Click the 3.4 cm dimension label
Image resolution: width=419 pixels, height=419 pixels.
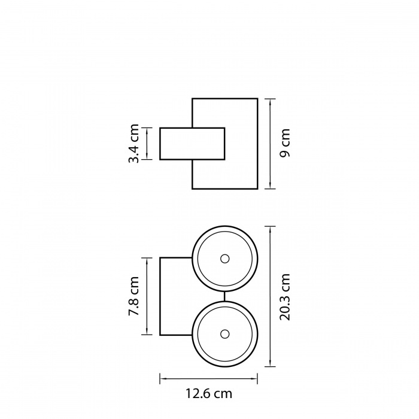coord(134,144)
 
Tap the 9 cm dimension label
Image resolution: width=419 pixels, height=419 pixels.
coord(285,143)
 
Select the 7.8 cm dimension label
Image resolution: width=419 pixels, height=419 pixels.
coord(134,296)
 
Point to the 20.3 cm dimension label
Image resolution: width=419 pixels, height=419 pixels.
coord(285,297)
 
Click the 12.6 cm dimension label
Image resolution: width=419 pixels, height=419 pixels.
coord(209,393)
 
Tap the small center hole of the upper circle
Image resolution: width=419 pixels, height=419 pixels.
coord(224,259)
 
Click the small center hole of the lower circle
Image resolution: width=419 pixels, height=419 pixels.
coord(224,334)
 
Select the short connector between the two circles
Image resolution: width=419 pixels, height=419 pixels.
coord(224,296)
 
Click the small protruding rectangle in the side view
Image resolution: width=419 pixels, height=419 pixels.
coord(192,144)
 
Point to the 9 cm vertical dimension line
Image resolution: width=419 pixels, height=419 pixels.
coord(271,144)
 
